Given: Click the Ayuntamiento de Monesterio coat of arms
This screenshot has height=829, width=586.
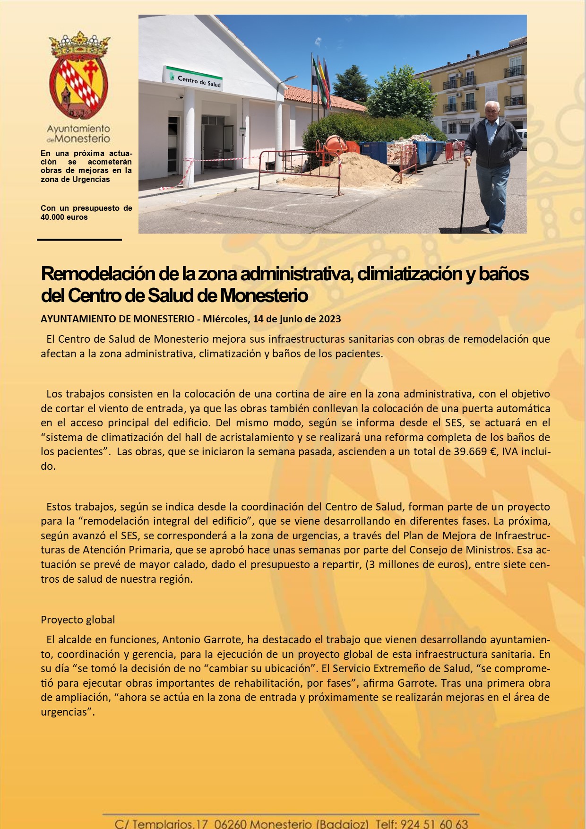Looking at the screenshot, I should [79, 76].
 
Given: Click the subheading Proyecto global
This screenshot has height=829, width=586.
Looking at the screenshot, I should [78, 620].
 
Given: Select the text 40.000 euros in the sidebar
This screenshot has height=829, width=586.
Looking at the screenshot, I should [64, 217].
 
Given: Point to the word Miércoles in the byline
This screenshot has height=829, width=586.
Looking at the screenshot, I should [225, 319].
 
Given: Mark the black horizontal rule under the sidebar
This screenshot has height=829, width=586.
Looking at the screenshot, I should [79, 240].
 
